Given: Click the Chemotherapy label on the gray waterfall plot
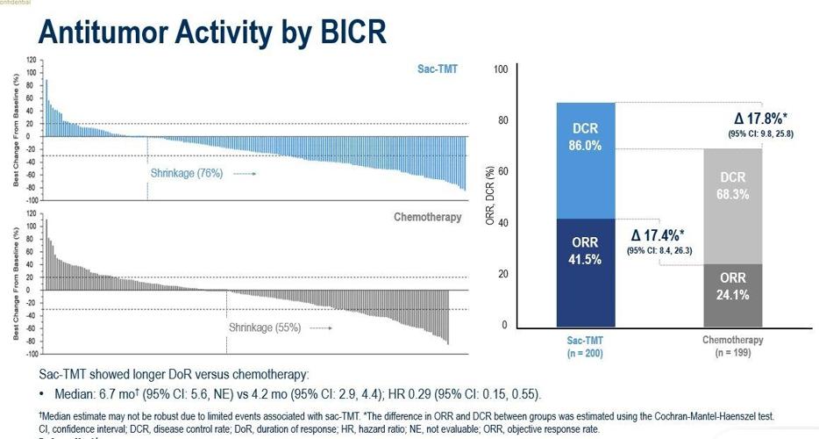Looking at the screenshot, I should pyautogui.click(x=427, y=217).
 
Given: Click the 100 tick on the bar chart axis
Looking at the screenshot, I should pyautogui.click(x=502, y=69).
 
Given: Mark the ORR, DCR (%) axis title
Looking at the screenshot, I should pyautogui.click(x=488, y=198).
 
